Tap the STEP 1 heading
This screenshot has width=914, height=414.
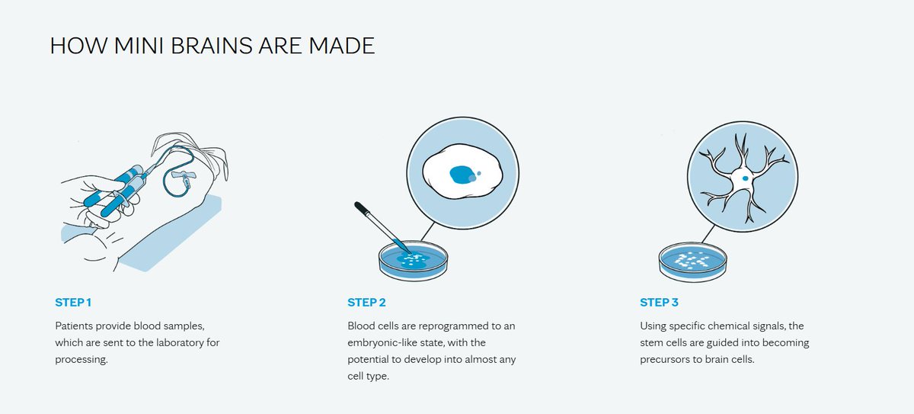click(x=73, y=303)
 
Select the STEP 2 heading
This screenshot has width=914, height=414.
click(x=366, y=303)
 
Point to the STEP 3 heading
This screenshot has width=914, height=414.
click(x=659, y=303)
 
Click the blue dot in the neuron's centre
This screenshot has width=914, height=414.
click(x=743, y=179)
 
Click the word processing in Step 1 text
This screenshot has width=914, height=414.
click(x=81, y=359)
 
